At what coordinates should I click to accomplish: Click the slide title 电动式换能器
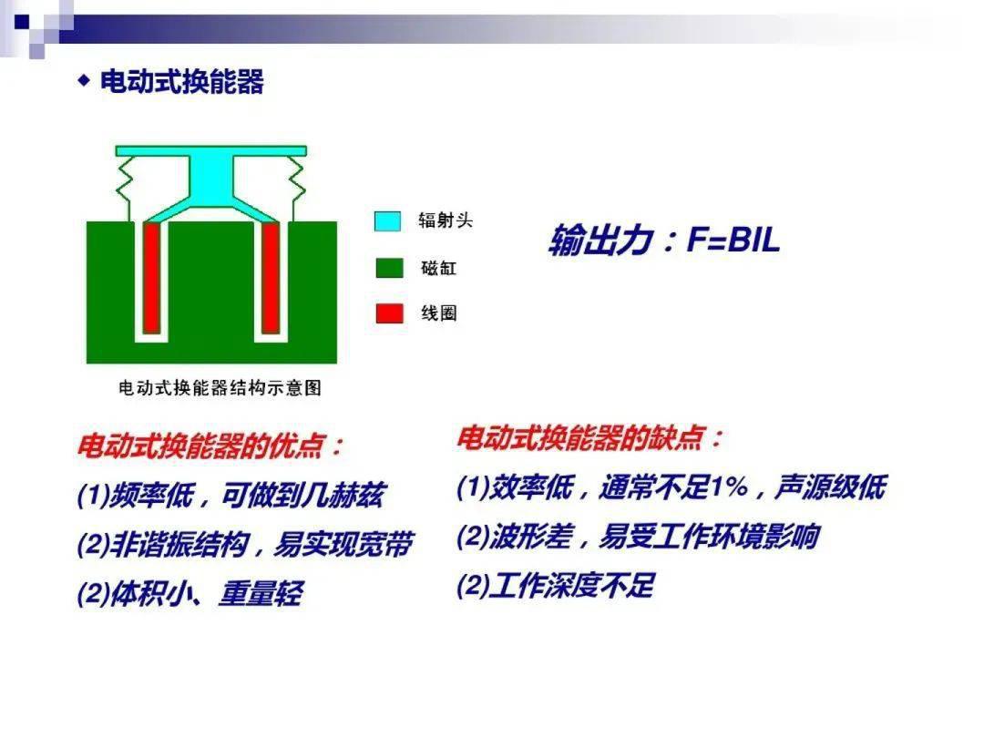point(182,82)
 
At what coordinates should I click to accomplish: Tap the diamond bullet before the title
point(84,81)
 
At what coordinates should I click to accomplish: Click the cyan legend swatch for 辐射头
point(387,220)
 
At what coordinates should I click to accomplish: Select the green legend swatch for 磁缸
point(389,267)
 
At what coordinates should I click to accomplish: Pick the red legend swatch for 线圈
point(389,313)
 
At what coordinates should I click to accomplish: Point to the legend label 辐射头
point(446,220)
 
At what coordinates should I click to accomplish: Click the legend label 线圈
point(438,313)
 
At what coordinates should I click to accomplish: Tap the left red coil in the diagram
point(152,277)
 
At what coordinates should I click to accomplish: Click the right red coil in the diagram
point(271,277)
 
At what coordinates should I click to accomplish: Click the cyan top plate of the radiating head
point(210,151)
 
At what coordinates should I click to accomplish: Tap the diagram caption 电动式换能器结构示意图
point(220,388)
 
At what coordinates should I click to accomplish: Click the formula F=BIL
point(733,240)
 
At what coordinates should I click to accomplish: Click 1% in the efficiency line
point(730,487)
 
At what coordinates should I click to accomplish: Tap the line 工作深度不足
point(571,586)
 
